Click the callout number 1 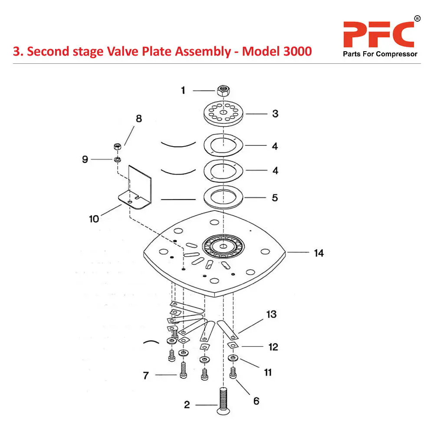183,90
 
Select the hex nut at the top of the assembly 224,91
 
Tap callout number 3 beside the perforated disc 275,114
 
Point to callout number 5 275,198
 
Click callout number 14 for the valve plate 319,253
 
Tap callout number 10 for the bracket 94,219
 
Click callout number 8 139,119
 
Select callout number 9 85,159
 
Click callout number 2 187,405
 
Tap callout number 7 146,375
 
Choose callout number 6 256,401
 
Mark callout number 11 268,372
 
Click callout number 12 273,347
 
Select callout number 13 271,314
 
